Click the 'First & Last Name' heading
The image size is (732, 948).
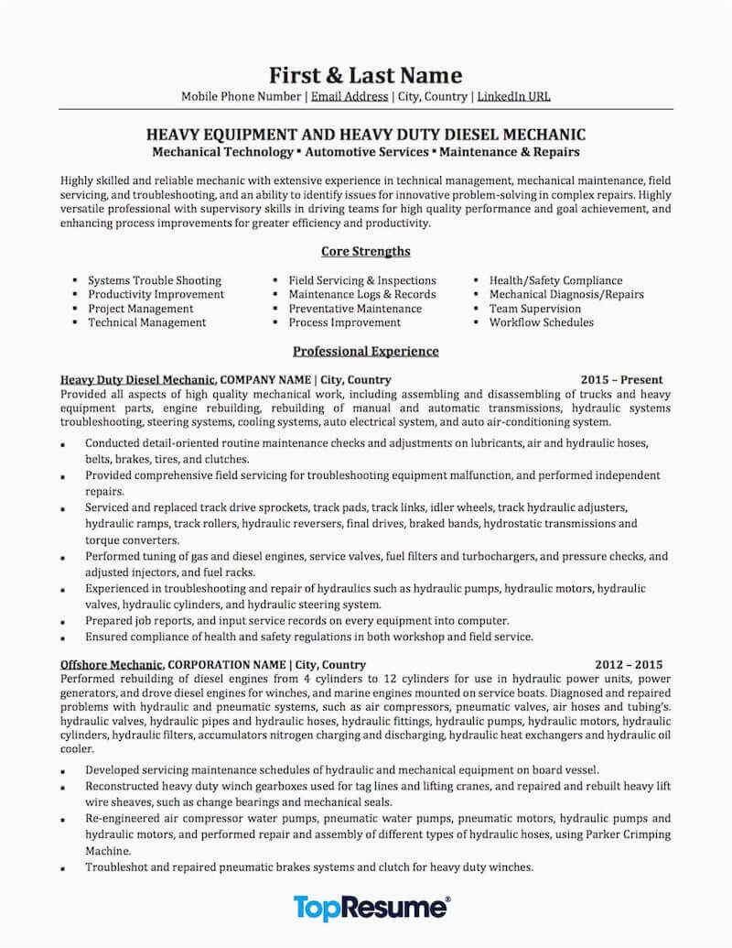click(x=365, y=75)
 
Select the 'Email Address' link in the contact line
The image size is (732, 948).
click(x=349, y=95)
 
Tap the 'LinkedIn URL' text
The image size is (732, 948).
click(x=514, y=95)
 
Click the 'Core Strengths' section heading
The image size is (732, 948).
click(x=365, y=251)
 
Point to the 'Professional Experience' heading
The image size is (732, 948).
click(x=365, y=351)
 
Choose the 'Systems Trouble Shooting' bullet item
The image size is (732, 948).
click(x=154, y=280)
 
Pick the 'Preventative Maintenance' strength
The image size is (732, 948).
click(x=355, y=309)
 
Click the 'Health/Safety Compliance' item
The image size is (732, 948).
click(x=555, y=280)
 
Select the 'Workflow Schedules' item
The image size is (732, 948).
click(x=542, y=322)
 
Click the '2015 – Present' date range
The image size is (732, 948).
click(x=621, y=379)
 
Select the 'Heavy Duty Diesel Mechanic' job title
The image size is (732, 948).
click(x=138, y=379)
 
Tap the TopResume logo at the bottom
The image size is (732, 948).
click(x=371, y=908)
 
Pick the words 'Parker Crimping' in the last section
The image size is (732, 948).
click(x=629, y=835)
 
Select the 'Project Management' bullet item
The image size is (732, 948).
click(x=140, y=309)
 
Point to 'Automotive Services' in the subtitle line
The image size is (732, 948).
click(x=364, y=149)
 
